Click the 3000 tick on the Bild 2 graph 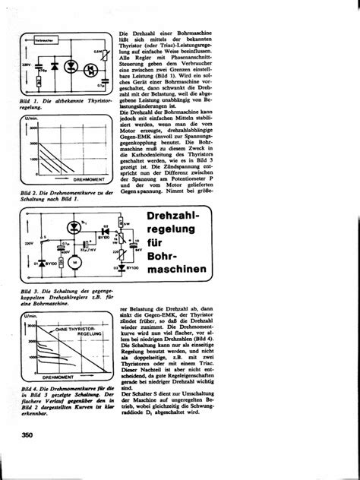[32, 131]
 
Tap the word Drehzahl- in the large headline [180, 220]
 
